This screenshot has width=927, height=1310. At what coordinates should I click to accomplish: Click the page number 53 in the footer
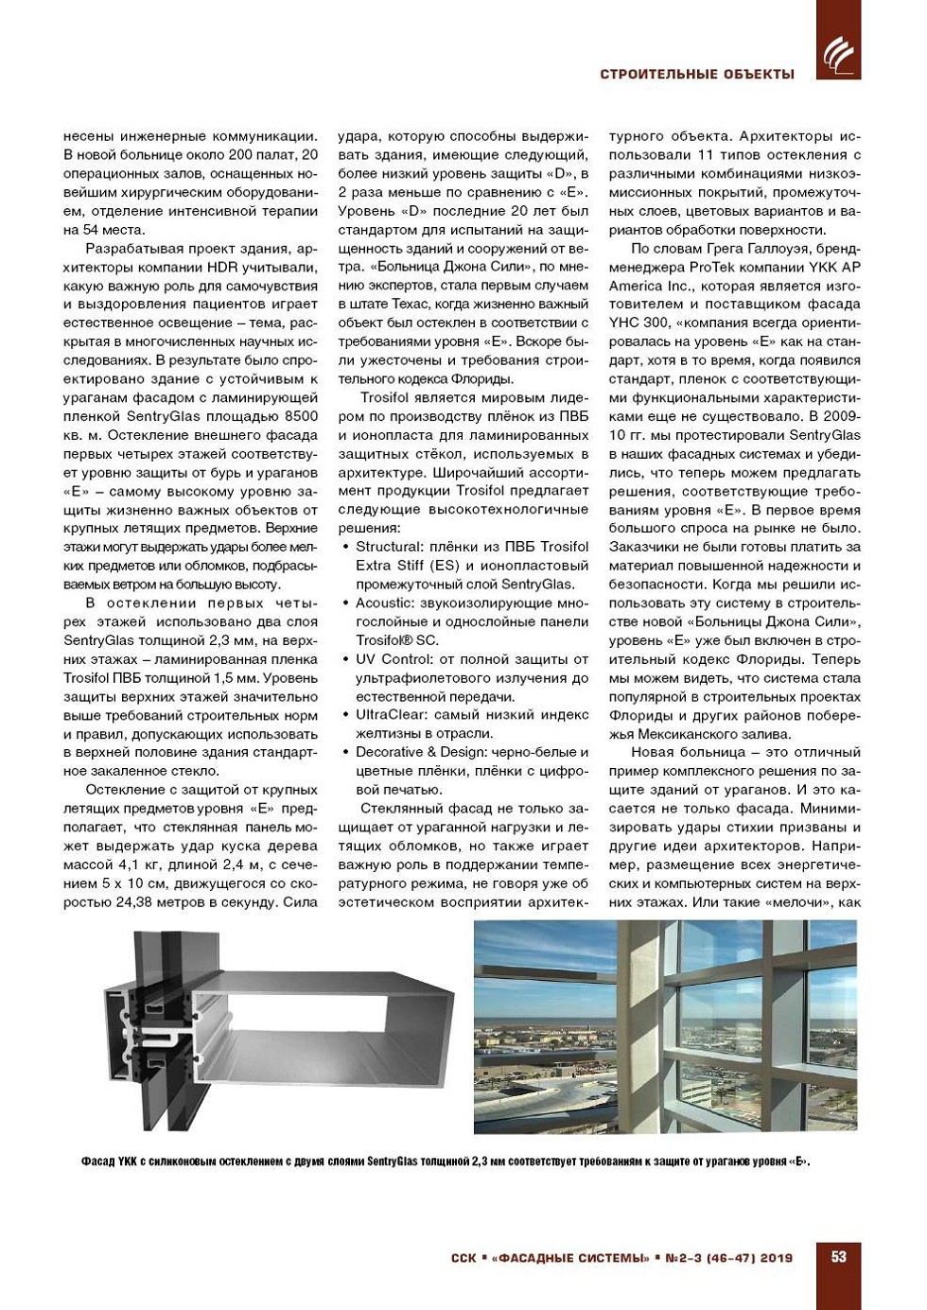point(838,1257)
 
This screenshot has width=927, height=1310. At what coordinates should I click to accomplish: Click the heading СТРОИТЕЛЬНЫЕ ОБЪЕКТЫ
point(697,74)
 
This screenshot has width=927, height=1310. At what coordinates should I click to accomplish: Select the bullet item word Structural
point(389,547)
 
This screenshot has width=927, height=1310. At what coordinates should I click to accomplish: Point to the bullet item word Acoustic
point(384,603)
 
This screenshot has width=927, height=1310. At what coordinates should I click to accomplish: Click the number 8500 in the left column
point(301,416)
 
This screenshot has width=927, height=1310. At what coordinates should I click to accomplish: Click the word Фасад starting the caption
point(96,1162)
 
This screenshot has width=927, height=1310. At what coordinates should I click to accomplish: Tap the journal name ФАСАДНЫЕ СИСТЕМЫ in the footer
point(570,1258)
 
